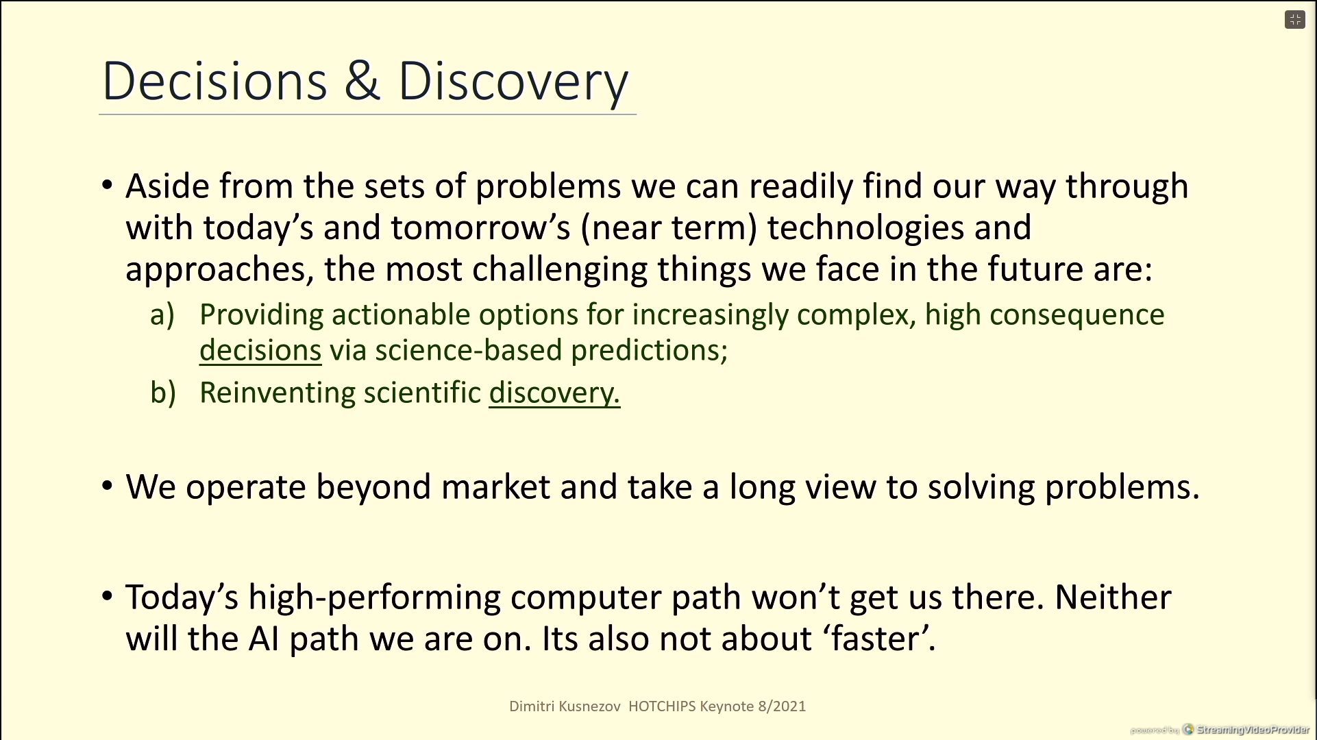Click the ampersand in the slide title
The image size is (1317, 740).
coord(362,82)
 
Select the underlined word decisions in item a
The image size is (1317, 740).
coord(260,350)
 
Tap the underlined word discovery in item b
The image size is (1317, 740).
coord(554,393)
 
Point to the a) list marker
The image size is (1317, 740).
coord(162,315)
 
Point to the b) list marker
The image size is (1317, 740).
coord(163,393)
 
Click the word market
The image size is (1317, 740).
coord(495,487)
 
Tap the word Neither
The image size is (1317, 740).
coord(1113,597)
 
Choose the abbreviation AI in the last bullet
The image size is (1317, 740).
coord(264,639)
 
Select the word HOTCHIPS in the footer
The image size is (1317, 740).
coord(662,706)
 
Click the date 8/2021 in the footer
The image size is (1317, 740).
coord(782,706)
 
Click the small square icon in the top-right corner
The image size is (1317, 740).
coord(1295,20)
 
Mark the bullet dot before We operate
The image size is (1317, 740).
coord(107,486)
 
